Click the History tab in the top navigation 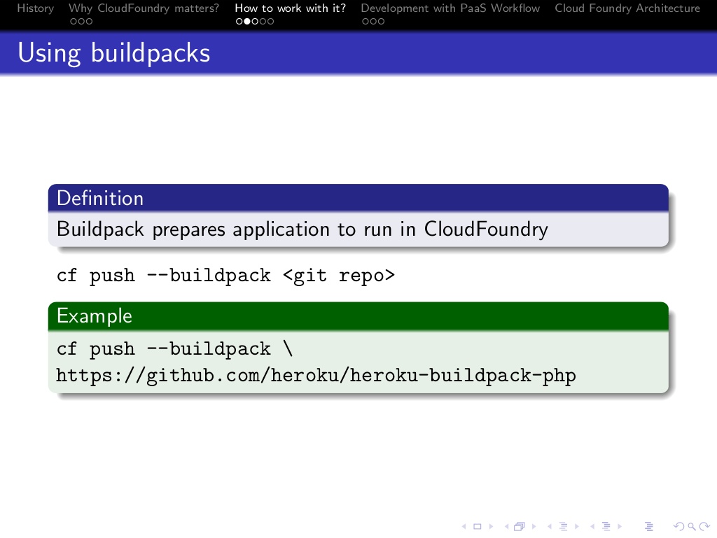coord(35,8)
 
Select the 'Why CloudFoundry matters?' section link coord(144,8)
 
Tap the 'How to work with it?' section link coord(290,8)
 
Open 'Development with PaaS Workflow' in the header coord(450,8)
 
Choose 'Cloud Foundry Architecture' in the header coord(627,8)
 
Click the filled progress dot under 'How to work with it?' coord(247,21)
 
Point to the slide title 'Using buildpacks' coord(114,53)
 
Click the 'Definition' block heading coord(99,198)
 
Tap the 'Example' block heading coord(95,316)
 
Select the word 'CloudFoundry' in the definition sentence coord(486,229)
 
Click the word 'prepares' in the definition coord(188,229)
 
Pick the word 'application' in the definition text coord(281,229)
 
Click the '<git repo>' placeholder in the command coord(338,276)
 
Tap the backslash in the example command coord(288,349)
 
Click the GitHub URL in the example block coord(316,376)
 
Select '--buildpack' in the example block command coord(209,349)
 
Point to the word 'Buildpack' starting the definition coord(100,229)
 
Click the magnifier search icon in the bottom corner coord(692,527)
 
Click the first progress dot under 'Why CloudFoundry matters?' coord(73,21)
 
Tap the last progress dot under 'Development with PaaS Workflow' coord(381,21)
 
